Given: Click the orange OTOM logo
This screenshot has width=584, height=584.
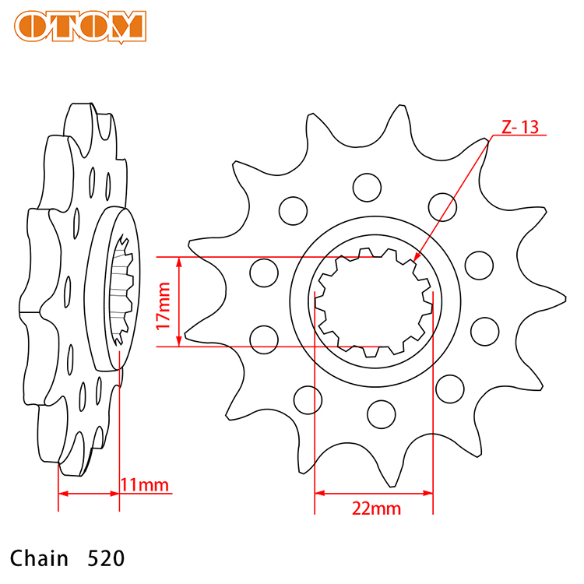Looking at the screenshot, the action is [80, 26].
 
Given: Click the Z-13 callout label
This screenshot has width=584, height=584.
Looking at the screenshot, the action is [520, 127].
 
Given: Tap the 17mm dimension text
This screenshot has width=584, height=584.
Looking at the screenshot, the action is [164, 306].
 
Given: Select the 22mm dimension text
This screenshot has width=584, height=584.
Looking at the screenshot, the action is [376, 508].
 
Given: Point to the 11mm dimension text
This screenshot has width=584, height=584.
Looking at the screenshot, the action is [145, 484].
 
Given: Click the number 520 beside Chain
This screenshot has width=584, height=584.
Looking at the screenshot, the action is [106, 558].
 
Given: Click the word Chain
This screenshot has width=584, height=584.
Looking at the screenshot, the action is [39, 558].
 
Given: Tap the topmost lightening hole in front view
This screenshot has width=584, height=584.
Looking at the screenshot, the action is [367, 188].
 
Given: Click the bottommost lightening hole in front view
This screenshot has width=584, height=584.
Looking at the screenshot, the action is [381, 414].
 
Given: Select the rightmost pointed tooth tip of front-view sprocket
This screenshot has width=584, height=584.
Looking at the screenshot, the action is [566, 298].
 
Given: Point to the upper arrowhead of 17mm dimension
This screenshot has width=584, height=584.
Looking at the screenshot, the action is [179, 262].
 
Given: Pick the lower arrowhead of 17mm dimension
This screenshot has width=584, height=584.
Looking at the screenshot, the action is [179, 341].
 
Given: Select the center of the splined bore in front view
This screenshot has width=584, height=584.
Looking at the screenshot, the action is [374, 302].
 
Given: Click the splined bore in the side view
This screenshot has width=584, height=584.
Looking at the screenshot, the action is [121, 290].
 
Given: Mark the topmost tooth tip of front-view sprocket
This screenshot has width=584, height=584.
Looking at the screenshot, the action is [401, 106].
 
